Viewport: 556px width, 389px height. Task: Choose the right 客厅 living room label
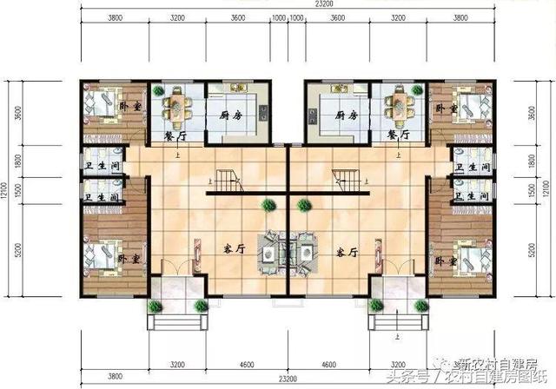pos(347,250)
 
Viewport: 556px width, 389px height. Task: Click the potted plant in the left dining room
pos(156,89)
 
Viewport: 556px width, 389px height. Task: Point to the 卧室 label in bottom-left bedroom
pos(129,259)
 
